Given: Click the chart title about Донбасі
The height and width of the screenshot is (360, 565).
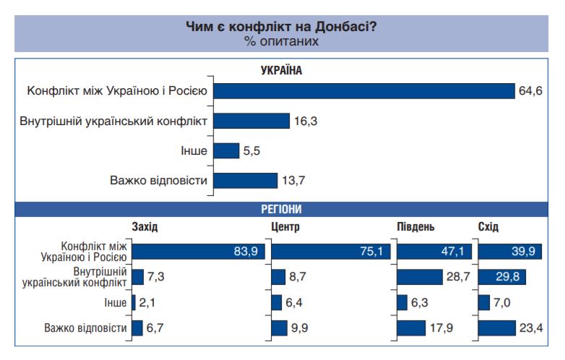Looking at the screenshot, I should point(281,27).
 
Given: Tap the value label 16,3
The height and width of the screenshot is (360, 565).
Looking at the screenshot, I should point(306,121).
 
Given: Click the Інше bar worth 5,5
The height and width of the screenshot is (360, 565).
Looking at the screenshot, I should point(225,150).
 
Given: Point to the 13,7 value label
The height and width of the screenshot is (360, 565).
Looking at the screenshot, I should point(293,180).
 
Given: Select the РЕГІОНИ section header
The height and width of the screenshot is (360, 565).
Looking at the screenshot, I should point(281,209).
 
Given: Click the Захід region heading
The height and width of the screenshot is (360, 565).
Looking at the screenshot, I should point(145,227).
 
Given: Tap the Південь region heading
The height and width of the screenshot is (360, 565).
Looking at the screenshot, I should point(415,227).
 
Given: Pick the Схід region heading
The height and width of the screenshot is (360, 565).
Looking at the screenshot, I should point(488,227).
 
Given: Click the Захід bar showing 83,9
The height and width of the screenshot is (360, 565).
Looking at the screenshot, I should point(199,251).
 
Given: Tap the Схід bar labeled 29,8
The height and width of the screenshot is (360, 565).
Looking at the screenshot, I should point(499,277).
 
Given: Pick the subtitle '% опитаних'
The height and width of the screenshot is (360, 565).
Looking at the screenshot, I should point(281,41).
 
